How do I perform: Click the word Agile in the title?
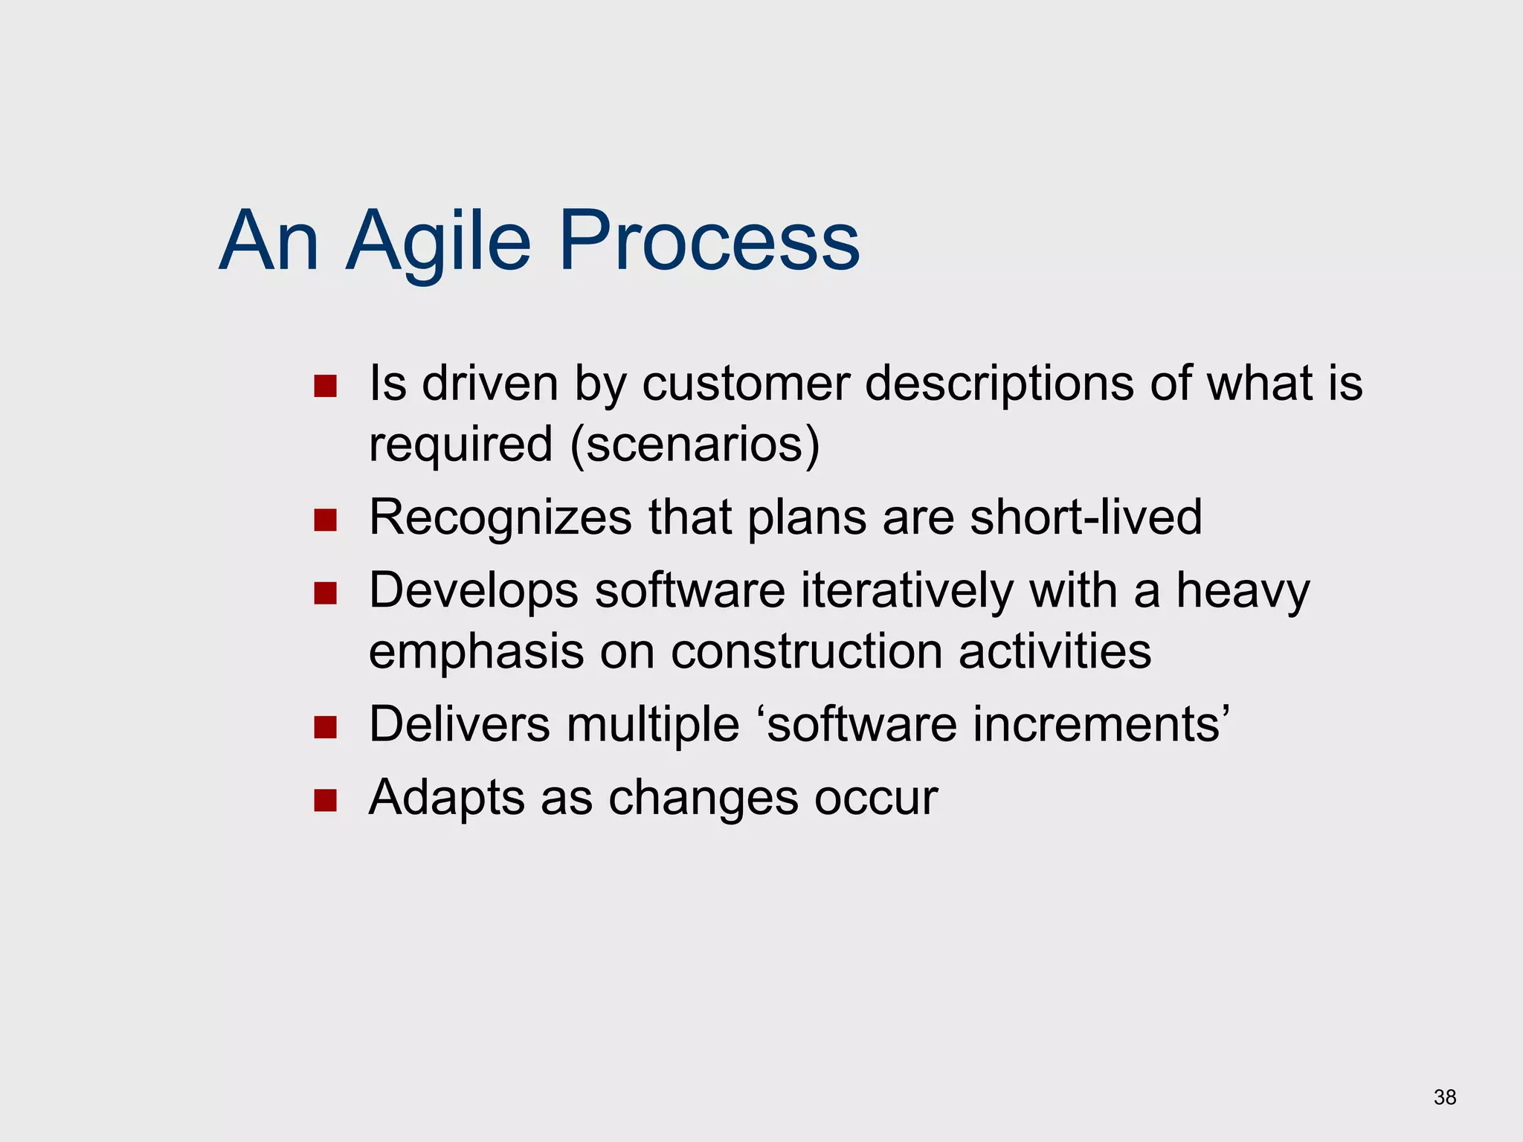[x=439, y=242]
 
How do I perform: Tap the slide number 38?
[x=1445, y=1097]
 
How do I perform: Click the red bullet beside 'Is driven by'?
[x=325, y=386]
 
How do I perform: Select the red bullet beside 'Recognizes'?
[x=325, y=520]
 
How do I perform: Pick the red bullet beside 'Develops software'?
[x=325, y=593]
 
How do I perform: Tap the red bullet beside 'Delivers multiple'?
[x=325, y=726]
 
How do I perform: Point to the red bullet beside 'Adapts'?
[x=325, y=800]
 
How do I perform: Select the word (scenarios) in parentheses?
[x=695, y=445]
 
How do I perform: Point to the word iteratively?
[x=907, y=591]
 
